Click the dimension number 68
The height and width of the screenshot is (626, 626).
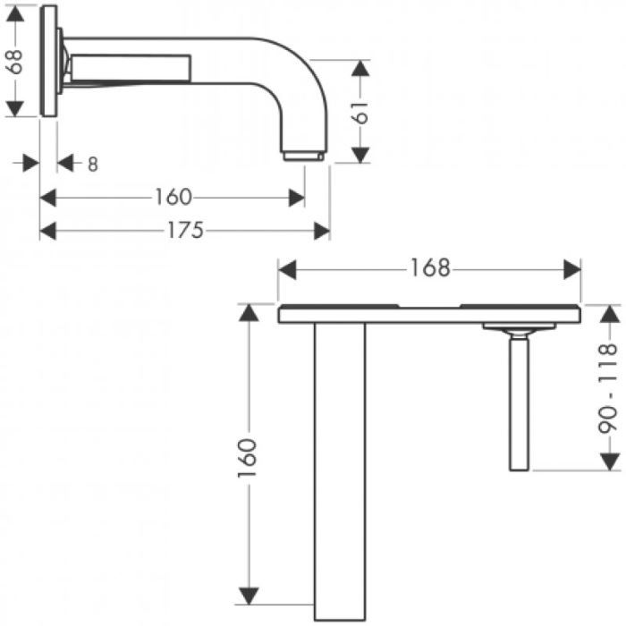click(x=15, y=62)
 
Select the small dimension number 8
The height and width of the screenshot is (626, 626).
click(x=93, y=164)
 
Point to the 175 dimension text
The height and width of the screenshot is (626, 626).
click(x=185, y=231)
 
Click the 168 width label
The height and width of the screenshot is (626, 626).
click(x=430, y=268)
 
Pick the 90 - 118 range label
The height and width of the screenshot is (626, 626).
click(x=607, y=388)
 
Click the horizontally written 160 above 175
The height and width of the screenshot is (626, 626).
click(x=173, y=198)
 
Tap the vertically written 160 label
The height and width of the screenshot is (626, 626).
click(x=247, y=458)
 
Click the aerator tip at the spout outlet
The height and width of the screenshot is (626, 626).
click(x=303, y=156)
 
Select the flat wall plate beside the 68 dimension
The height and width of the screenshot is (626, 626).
click(x=48, y=61)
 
